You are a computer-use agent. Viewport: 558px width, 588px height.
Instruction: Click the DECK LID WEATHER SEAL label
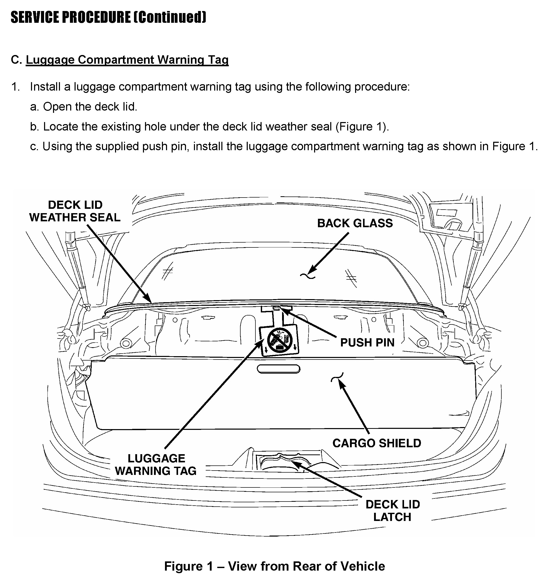(75, 211)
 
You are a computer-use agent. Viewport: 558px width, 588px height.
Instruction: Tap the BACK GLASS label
(355, 223)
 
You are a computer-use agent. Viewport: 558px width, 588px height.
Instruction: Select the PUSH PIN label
(367, 343)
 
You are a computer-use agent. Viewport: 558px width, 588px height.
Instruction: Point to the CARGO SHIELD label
(377, 443)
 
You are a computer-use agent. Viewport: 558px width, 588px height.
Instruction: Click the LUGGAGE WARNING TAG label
(156, 464)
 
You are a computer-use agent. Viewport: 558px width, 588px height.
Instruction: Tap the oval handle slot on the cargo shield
(278, 369)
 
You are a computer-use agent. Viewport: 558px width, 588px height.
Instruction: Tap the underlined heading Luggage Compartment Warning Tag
(127, 60)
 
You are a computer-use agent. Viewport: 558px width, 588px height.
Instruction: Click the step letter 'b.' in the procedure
(35, 127)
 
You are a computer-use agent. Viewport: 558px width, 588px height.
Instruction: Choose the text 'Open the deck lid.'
(90, 107)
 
